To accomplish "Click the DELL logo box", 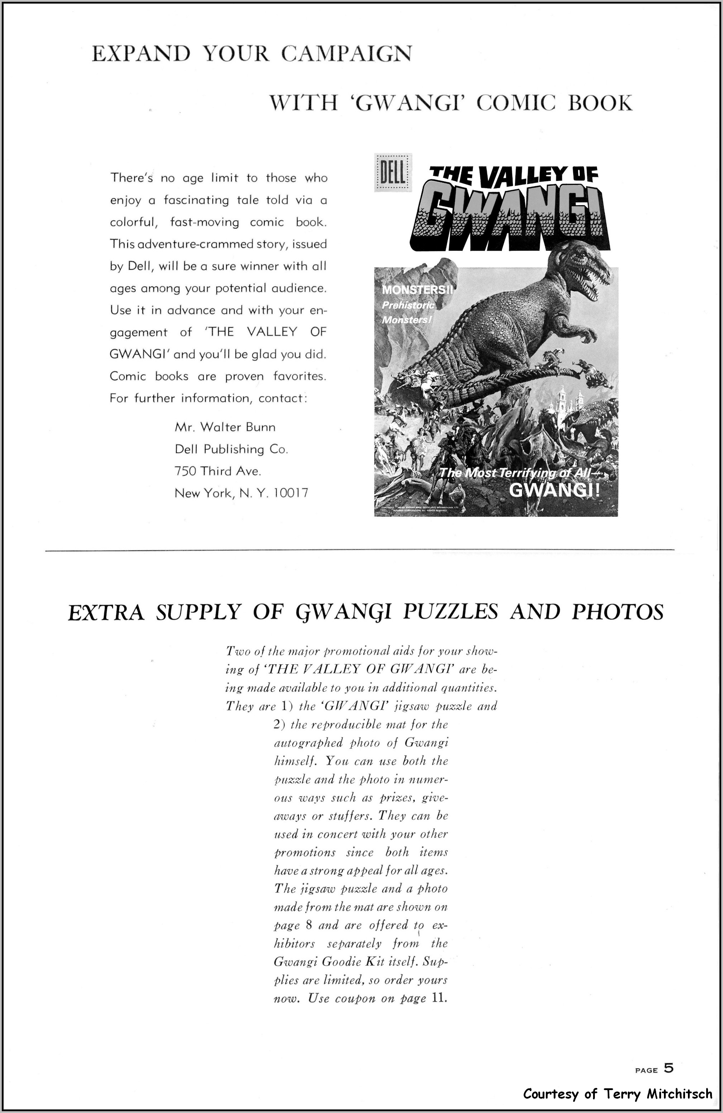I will (x=393, y=173).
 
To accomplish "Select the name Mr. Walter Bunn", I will (x=225, y=427).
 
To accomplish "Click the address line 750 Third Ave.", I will (x=217, y=471).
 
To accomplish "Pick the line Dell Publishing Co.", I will (x=231, y=449).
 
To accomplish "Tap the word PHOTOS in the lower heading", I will (x=617, y=612).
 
